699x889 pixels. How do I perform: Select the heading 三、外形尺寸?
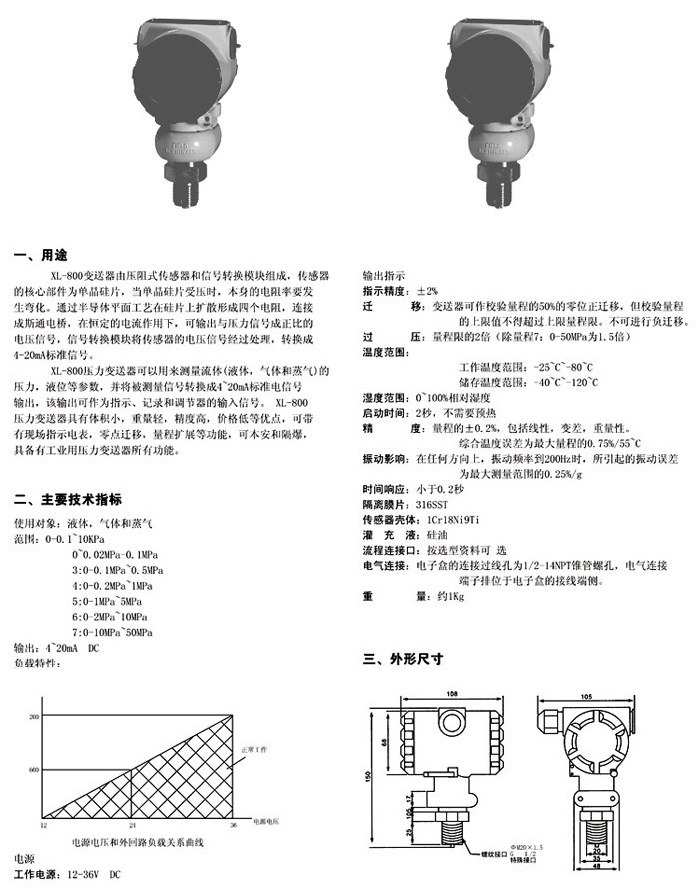[x=402, y=659]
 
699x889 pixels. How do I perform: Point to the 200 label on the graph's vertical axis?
[x=33, y=717]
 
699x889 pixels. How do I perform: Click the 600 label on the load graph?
[x=33, y=770]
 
